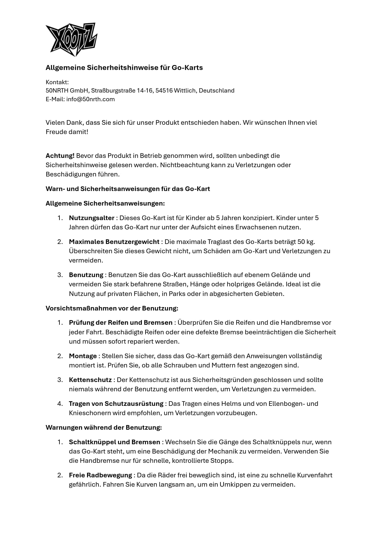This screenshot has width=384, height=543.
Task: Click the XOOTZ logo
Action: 72,39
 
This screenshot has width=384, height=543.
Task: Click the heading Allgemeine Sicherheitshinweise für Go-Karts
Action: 124,67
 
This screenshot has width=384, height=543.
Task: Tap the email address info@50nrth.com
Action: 90,99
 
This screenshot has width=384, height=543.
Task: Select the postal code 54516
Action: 164,90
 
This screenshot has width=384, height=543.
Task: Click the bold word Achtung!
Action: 60,155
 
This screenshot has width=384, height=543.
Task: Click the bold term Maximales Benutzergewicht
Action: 114,241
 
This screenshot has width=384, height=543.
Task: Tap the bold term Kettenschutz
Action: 90,380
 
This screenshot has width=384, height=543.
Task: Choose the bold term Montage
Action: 83,356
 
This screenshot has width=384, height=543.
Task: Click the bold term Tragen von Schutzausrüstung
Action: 116,403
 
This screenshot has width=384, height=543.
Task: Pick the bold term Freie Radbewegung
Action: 100,475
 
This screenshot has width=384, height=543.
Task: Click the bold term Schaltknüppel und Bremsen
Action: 114,442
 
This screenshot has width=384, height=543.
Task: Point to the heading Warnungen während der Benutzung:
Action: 104,427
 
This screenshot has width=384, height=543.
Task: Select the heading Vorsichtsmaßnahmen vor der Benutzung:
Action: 112,308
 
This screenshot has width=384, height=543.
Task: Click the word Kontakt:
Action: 57,82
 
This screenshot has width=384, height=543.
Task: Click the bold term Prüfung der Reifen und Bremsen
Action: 120,322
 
